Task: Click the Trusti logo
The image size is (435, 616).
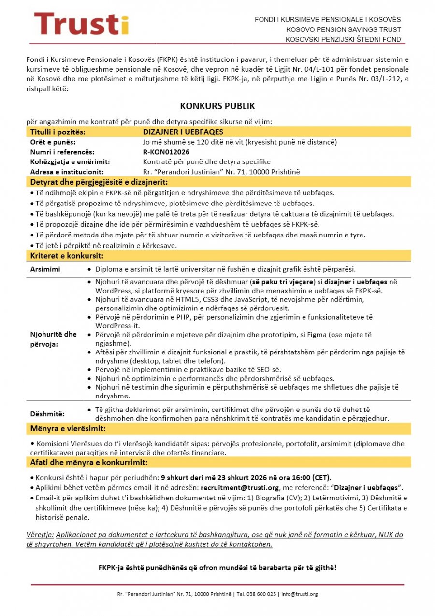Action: click(81, 24)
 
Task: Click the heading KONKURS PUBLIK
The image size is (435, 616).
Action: click(217, 106)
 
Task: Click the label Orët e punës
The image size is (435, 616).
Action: click(53, 142)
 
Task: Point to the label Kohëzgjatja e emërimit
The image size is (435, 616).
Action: click(70, 161)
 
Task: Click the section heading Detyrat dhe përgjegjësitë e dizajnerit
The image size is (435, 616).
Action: click(99, 182)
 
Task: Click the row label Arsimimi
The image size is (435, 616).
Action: click(45, 269)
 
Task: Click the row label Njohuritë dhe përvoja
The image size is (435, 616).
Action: click(54, 339)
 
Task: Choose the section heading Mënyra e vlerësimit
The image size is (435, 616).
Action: click(68, 429)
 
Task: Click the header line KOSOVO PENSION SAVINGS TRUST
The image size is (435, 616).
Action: click(343, 29)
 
